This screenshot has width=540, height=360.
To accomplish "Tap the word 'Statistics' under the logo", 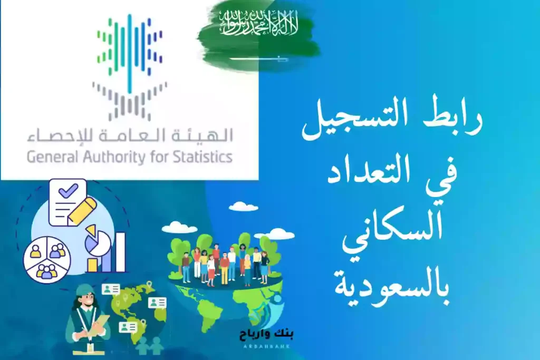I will click(x=206, y=158).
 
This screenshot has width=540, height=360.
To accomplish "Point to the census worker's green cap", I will click(x=84, y=290).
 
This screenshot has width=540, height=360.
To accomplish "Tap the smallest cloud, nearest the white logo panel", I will click(x=244, y=207).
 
